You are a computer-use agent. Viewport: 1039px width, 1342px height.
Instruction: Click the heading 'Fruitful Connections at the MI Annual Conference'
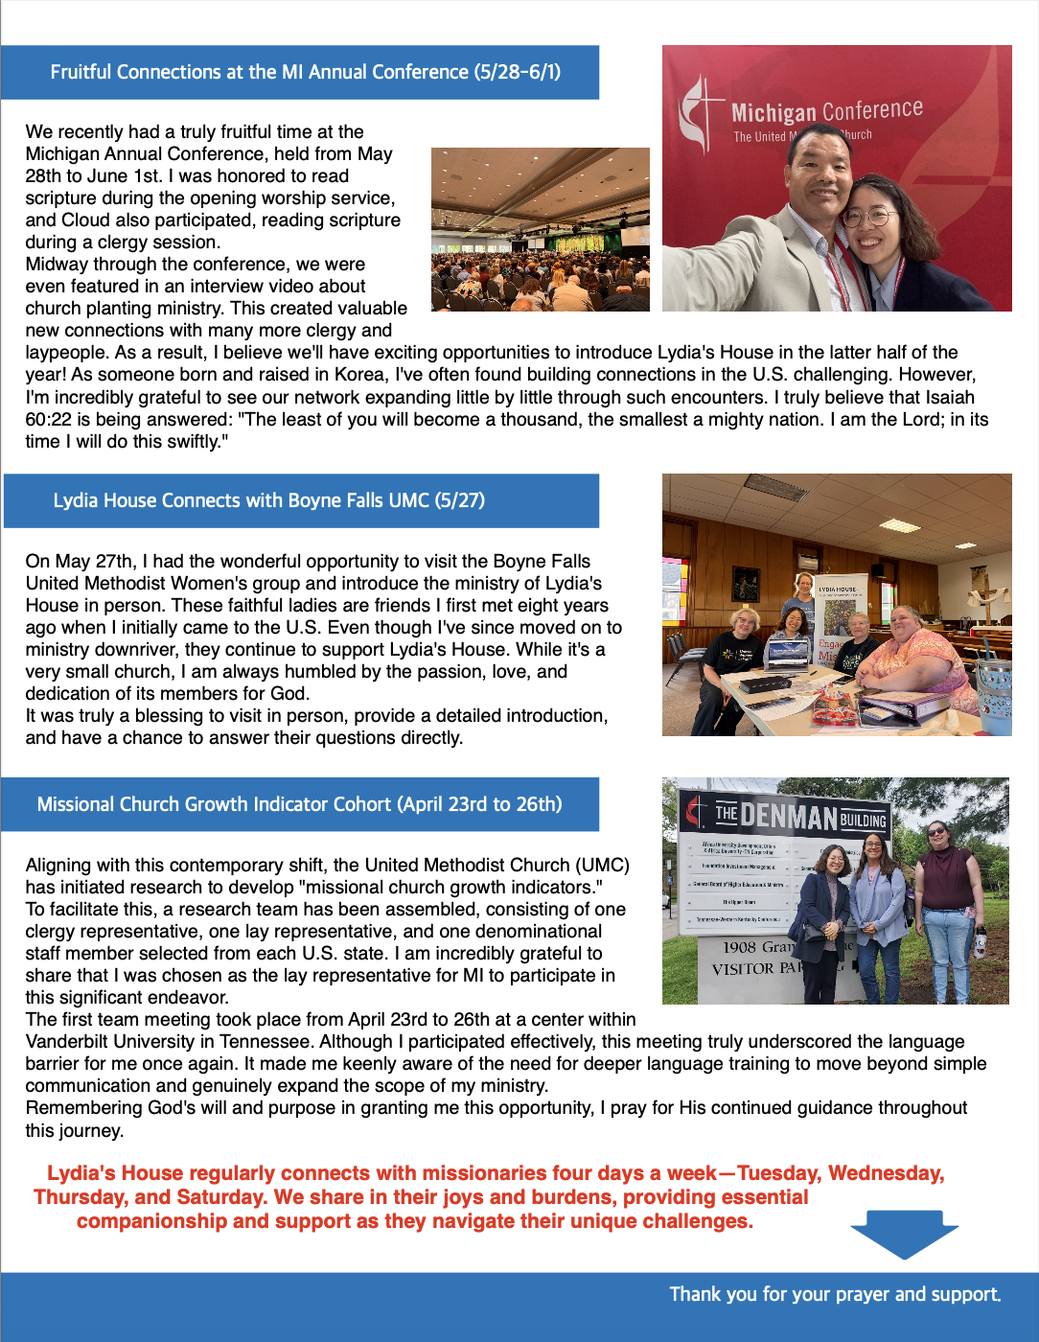coord(305,72)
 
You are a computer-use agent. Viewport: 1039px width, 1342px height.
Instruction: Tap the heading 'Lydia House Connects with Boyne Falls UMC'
coord(268,500)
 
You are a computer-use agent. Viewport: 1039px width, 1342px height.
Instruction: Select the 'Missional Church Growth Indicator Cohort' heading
coord(299,804)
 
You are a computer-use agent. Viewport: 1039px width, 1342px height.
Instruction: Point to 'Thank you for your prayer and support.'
coord(835,1294)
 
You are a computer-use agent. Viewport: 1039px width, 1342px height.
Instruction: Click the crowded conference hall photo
coord(540,229)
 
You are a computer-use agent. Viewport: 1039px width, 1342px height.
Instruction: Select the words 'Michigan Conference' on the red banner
coord(826,111)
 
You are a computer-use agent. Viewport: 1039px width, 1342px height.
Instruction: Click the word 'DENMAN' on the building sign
coord(789,817)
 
